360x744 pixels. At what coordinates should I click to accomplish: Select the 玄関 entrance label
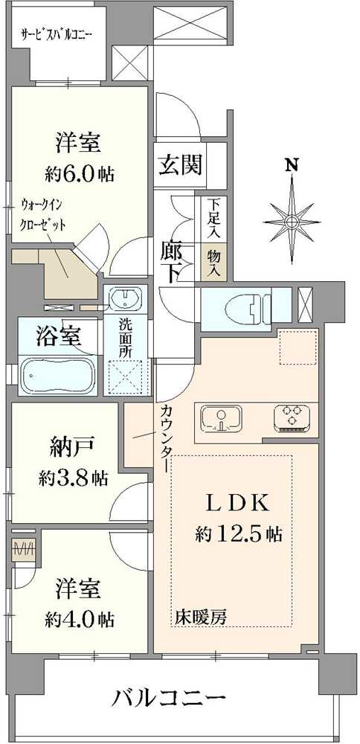click(179, 164)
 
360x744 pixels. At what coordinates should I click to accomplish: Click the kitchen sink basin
click(220, 417)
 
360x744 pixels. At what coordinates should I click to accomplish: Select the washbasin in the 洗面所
click(124, 301)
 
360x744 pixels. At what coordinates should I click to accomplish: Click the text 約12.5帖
click(238, 533)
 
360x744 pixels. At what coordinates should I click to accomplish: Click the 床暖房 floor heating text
click(201, 617)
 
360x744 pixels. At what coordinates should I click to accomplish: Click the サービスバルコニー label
click(56, 33)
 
